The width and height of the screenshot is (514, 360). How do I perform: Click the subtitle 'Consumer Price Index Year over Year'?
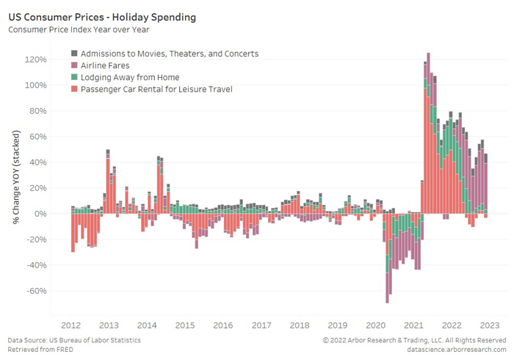[x=80, y=30]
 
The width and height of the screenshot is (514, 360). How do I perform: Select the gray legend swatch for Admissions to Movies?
[x=74, y=54]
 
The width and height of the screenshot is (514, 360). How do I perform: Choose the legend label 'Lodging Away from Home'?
[x=130, y=77]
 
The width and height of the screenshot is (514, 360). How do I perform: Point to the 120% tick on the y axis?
[x=36, y=60]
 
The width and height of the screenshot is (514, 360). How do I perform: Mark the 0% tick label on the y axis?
[x=40, y=214]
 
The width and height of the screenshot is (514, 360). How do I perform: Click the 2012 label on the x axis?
[x=71, y=325]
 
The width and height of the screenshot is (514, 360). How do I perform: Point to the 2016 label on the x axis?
[x=223, y=325]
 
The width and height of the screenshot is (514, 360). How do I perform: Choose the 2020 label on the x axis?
[x=375, y=325]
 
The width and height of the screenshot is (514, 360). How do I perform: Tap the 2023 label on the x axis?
[x=489, y=325]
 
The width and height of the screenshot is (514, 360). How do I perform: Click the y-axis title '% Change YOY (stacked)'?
[x=15, y=174]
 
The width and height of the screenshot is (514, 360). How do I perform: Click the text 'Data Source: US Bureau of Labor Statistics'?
[x=74, y=340]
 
